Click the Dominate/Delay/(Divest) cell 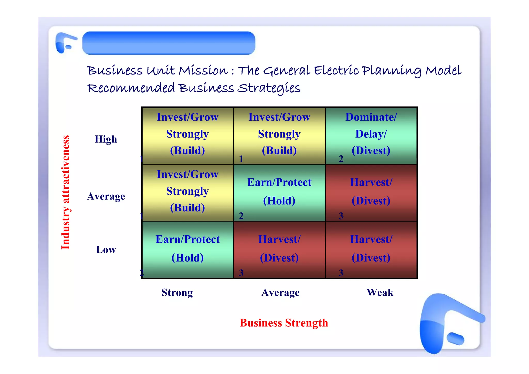point(371,136)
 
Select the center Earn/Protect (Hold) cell point(279,193)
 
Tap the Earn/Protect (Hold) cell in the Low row point(188,250)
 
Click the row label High point(106,139)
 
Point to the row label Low point(106,250)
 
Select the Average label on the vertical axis point(106,196)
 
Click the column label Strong point(177,293)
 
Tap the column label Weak point(380,293)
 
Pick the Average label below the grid point(280,293)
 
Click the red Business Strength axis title point(284,323)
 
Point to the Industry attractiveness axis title point(65,192)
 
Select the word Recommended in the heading point(131,88)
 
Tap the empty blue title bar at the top point(169,43)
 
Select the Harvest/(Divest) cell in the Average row point(371,193)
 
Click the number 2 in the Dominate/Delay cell point(341,159)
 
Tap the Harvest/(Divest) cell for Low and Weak point(371,250)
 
